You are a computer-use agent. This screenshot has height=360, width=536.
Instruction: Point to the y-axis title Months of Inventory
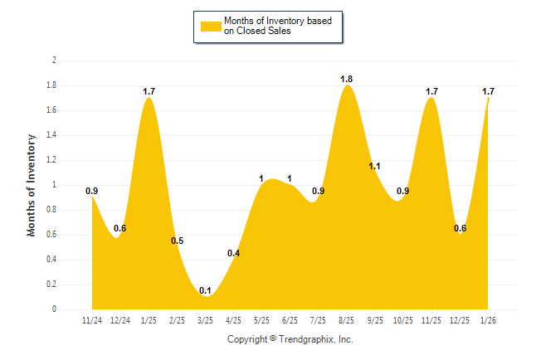(32, 185)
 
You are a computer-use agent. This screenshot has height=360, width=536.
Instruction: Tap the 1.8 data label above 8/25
(347, 79)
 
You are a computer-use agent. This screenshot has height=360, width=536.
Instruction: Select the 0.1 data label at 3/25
(204, 290)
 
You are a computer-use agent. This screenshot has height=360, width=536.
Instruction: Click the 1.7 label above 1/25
(149, 91)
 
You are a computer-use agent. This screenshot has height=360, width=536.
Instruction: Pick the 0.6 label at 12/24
(120, 228)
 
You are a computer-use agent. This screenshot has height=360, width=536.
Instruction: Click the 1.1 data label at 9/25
(374, 166)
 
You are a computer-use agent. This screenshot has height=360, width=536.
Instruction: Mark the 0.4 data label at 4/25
(233, 253)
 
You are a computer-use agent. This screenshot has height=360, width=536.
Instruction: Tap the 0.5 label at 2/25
(178, 241)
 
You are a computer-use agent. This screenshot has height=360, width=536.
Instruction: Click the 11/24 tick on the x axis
(92, 321)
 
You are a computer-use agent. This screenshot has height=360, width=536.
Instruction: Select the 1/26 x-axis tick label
(488, 321)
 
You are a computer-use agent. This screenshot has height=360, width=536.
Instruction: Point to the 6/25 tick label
(290, 321)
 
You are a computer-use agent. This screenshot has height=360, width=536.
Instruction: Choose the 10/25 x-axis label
(402, 321)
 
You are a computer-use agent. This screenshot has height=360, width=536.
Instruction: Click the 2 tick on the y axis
(54, 61)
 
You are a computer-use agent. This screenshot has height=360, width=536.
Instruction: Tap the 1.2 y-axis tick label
(51, 160)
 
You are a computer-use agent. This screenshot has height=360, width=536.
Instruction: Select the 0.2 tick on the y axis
(51, 285)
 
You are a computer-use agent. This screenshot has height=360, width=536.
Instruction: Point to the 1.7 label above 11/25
(431, 91)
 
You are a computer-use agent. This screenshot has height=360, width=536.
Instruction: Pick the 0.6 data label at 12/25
(459, 229)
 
